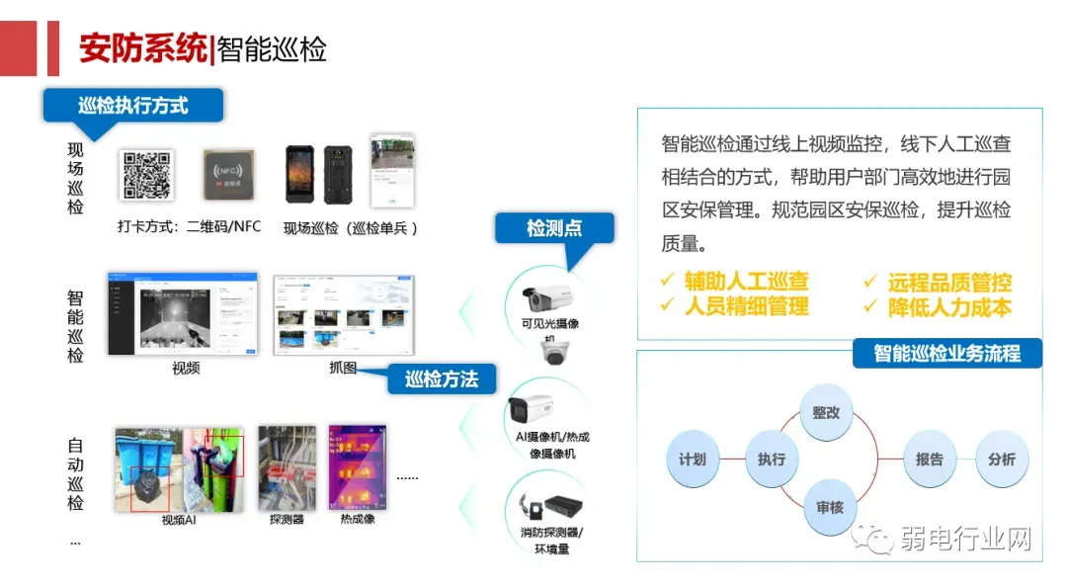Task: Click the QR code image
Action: tap(146, 175)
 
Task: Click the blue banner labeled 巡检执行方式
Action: tap(133, 105)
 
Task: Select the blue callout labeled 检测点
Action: tap(554, 228)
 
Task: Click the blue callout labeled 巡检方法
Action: tap(441, 379)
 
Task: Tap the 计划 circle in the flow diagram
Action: tap(693, 459)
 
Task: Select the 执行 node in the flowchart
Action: tap(772, 459)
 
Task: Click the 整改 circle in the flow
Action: tap(826, 412)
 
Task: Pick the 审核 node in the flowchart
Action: tap(829, 507)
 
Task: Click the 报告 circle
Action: tap(930, 459)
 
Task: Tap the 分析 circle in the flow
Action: tap(1002, 459)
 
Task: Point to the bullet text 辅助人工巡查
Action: tap(746, 282)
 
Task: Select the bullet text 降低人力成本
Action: tap(948, 307)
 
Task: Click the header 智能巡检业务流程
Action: tap(946, 353)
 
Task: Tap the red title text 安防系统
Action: tap(142, 48)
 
